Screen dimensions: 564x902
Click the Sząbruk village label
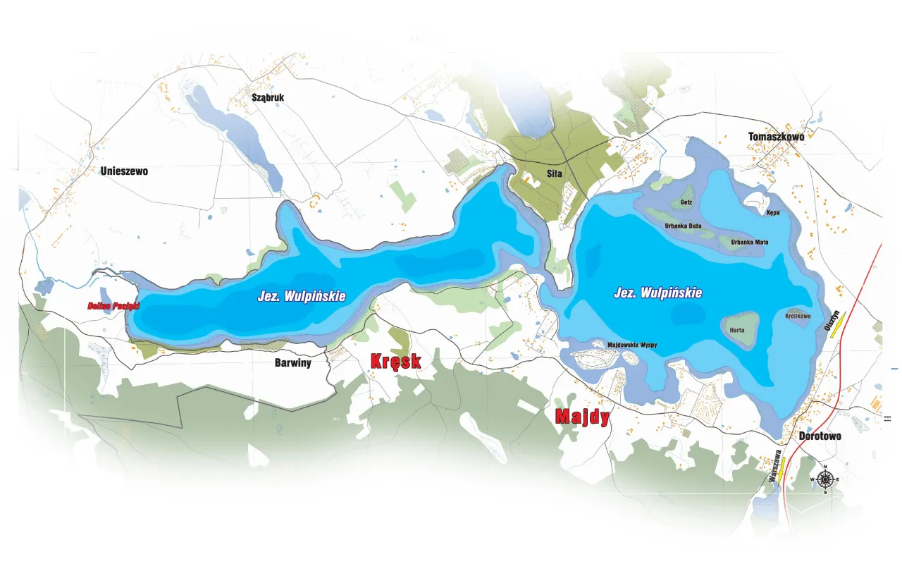(x=268, y=97)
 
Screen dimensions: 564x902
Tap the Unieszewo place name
(x=124, y=171)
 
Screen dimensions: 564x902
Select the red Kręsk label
(x=395, y=362)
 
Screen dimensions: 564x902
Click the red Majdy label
(x=582, y=417)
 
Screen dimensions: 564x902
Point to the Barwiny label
(x=292, y=363)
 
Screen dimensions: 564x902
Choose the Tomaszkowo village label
(x=776, y=136)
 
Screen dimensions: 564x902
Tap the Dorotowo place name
(x=820, y=436)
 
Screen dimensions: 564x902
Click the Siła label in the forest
(x=553, y=173)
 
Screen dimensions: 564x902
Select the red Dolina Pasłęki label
(x=113, y=306)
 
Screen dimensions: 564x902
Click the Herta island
(x=739, y=329)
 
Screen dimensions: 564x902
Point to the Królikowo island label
(x=798, y=317)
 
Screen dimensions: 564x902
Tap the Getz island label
(x=686, y=202)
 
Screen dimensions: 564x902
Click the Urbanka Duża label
(x=682, y=226)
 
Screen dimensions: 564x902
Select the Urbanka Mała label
(x=749, y=242)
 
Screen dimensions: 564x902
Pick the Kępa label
(x=773, y=211)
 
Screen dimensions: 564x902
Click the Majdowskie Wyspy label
(x=632, y=345)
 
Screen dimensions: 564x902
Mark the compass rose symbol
(x=825, y=480)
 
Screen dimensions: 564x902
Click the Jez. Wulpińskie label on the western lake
(x=301, y=297)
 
